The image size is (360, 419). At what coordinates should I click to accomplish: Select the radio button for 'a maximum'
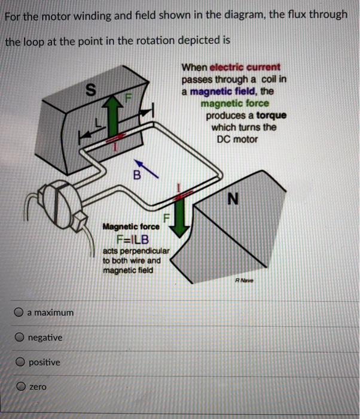pyautogui.click(x=20, y=312)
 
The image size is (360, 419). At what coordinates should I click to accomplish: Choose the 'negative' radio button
pyautogui.click(x=20, y=338)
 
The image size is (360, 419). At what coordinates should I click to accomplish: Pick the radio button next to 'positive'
pyautogui.click(x=20, y=363)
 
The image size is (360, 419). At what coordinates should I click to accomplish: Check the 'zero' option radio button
pyautogui.click(x=20, y=387)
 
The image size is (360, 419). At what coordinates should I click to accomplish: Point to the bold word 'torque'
pyautogui.click(x=271, y=115)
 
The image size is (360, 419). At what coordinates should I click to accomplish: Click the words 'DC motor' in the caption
pyautogui.click(x=237, y=139)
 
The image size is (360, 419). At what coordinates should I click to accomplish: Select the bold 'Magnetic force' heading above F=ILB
pyautogui.click(x=131, y=227)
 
